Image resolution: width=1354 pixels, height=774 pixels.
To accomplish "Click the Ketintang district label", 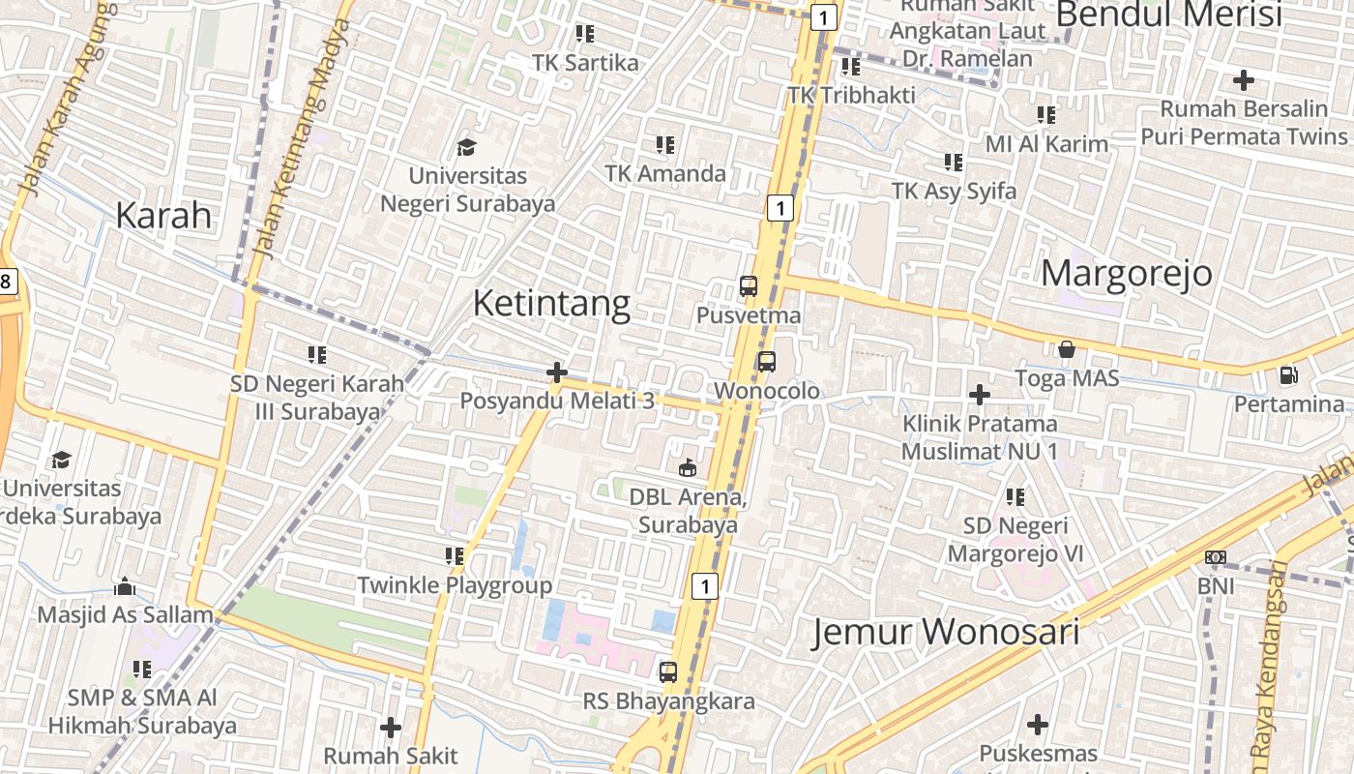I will pyautogui.click(x=551, y=304).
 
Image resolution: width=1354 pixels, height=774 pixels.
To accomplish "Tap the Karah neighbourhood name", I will pyautogui.click(x=163, y=215).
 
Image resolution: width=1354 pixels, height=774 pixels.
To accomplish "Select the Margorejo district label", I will pyautogui.click(x=1126, y=273).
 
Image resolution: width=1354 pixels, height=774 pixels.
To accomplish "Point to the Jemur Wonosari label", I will pyautogui.click(x=945, y=632).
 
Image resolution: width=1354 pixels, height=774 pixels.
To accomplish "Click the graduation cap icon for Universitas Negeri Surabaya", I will pyautogui.click(x=467, y=148).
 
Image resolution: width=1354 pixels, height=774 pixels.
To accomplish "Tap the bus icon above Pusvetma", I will pyautogui.click(x=748, y=286).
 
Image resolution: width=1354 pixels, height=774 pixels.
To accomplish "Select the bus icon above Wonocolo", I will pyautogui.click(x=766, y=362).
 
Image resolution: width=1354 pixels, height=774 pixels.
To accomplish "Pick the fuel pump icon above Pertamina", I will pyautogui.click(x=1288, y=374).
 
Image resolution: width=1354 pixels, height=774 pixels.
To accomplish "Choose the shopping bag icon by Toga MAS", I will pyautogui.click(x=1067, y=349).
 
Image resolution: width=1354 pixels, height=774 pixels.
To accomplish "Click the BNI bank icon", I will pyautogui.click(x=1216, y=557).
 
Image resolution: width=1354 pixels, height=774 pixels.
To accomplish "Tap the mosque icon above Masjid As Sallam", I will pyautogui.click(x=125, y=586).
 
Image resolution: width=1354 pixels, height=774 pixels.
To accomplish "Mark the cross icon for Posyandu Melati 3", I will pyautogui.click(x=556, y=372).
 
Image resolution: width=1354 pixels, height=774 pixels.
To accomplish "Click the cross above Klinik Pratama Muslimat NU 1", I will pyautogui.click(x=980, y=395).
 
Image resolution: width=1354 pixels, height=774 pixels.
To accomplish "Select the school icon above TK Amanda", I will pyautogui.click(x=664, y=145).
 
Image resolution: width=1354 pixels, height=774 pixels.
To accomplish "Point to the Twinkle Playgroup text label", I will pyautogui.click(x=455, y=585).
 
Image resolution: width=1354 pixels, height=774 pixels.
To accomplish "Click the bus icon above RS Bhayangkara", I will pyautogui.click(x=668, y=671).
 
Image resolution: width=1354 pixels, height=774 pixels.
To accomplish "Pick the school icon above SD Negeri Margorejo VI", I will pyautogui.click(x=1015, y=497).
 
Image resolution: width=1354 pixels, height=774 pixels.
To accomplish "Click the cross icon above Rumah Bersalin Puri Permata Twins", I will pyautogui.click(x=1244, y=80).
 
